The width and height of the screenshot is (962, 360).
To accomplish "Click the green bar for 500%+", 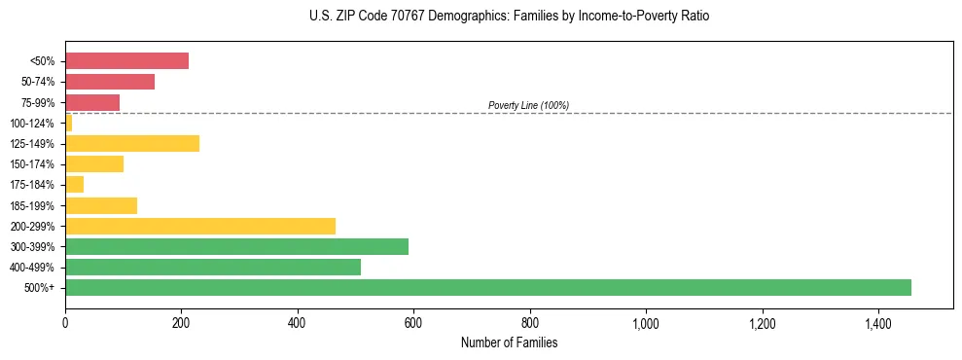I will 487,287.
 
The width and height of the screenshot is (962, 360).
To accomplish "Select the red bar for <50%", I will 126,60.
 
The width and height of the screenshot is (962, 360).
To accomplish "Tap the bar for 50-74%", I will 110,82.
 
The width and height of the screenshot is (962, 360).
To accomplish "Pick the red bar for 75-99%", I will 92,102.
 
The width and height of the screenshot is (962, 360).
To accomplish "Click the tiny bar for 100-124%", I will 68,123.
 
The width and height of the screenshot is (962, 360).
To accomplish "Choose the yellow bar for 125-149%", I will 132,143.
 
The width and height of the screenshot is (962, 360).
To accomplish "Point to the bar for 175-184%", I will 74,184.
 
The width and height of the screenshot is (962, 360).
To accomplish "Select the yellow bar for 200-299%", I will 200,226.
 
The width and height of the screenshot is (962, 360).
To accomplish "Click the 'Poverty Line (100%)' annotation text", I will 528,105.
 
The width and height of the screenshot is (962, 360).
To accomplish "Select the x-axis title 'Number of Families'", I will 509,343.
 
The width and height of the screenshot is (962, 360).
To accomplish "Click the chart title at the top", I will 510,17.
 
